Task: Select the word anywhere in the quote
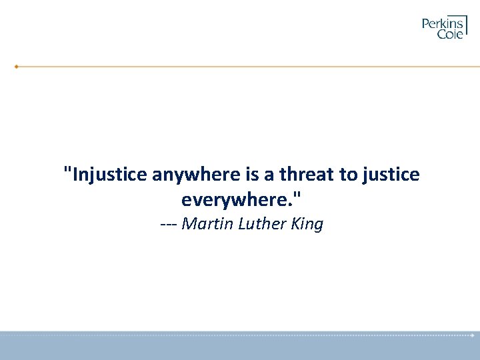tap(196, 175)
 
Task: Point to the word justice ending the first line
tap(391, 175)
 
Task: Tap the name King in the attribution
tap(307, 224)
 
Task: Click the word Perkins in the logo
tap(443, 24)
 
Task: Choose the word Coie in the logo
tap(450, 34)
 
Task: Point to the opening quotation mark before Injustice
tap(66, 170)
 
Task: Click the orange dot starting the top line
tap(17, 67)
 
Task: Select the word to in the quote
tap(348, 175)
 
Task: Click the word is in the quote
tap(253, 175)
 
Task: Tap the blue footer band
tap(240, 348)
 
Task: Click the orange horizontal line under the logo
tap(247, 67)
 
